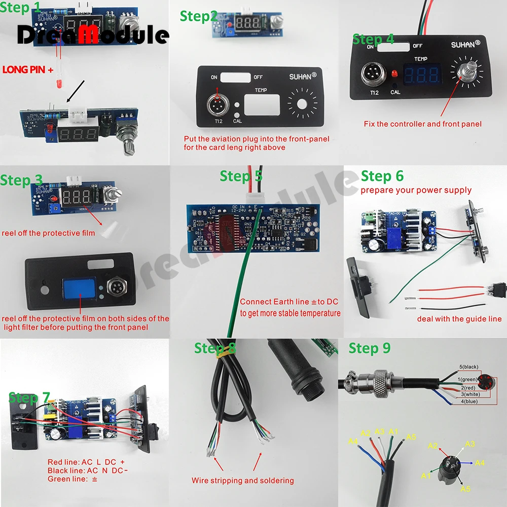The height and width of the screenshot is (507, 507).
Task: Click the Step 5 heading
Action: point(241,176)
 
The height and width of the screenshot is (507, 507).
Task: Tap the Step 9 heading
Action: point(370,348)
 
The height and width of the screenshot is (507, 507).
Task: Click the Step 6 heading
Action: point(382,176)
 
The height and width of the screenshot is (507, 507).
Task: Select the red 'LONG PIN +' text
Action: point(28,69)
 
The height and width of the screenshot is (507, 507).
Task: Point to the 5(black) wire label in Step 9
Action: point(467,367)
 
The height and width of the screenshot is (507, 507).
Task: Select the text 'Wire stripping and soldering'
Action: point(242,480)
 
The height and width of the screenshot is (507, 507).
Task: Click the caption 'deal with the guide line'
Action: point(459,319)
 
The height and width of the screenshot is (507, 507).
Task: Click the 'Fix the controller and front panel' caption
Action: point(422,124)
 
